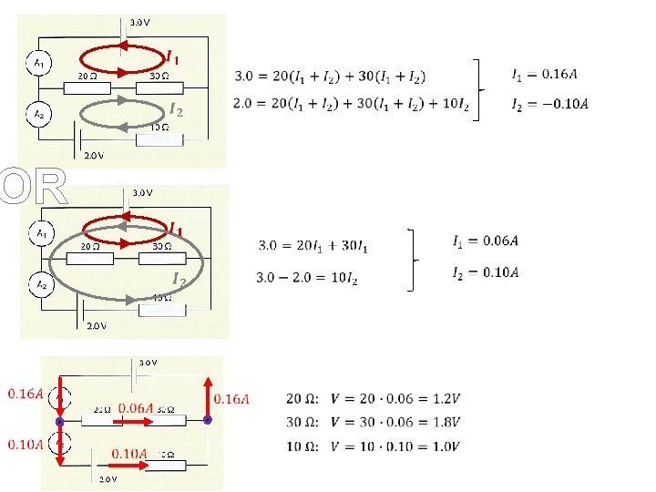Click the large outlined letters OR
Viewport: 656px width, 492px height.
[x=35, y=189]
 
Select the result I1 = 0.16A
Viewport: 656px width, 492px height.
[x=549, y=73]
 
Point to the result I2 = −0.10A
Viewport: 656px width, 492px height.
[x=549, y=102]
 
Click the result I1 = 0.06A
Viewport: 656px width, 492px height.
[x=487, y=241]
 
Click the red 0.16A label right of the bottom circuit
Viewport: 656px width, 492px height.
[x=231, y=397]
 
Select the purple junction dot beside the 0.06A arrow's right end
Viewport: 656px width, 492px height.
[x=207, y=420]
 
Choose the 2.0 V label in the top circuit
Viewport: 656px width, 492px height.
[x=94, y=155]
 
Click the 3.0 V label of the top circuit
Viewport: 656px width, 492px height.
[x=141, y=21]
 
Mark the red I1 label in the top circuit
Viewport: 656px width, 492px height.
[x=171, y=57]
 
